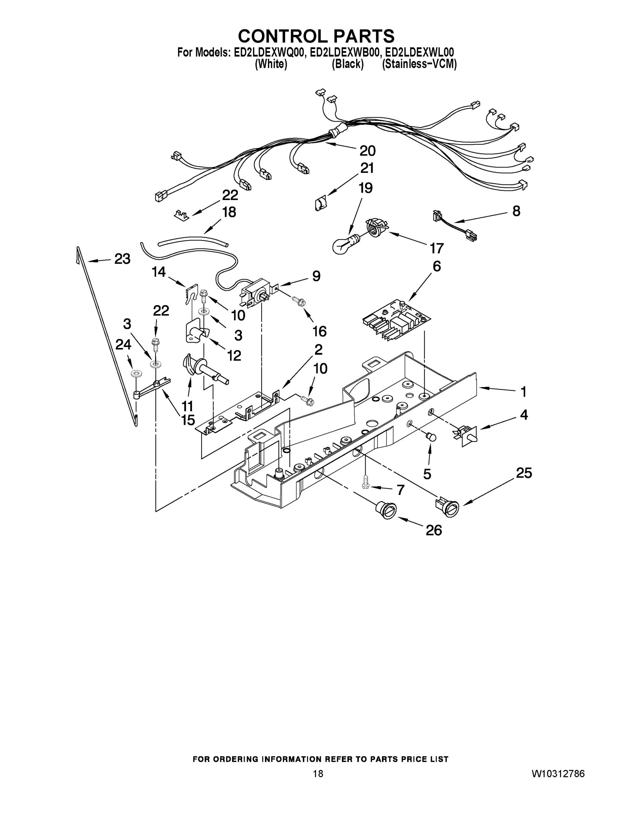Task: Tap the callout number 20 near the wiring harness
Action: click(367, 151)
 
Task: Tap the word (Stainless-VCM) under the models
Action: click(419, 64)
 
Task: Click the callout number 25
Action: click(524, 473)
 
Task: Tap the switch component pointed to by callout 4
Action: click(468, 436)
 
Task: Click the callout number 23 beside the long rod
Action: click(122, 259)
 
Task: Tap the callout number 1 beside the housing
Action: click(523, 392)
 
